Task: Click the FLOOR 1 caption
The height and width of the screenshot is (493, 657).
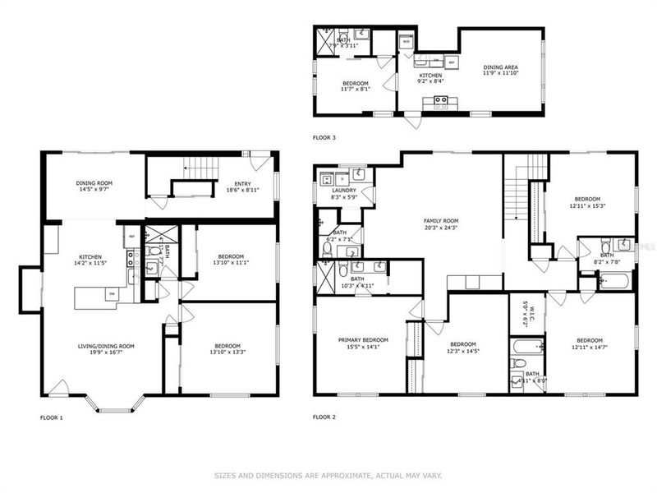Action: coord(51,417)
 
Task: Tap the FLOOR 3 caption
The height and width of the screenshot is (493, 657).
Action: coord(324,137)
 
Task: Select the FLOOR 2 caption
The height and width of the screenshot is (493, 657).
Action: coord(324,417)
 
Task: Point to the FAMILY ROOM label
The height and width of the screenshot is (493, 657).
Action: coord(440,220)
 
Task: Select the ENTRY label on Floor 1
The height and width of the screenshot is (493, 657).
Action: coord(242,183)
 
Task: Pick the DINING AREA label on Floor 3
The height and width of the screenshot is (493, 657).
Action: coord(500,67)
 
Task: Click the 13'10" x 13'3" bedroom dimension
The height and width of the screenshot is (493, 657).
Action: coord(227,352)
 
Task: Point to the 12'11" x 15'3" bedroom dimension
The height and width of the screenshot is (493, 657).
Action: coord(588,206)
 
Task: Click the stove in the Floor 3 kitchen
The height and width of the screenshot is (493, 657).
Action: coord(440,102)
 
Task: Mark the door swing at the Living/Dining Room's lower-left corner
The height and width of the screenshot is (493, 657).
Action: coord(57,386)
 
